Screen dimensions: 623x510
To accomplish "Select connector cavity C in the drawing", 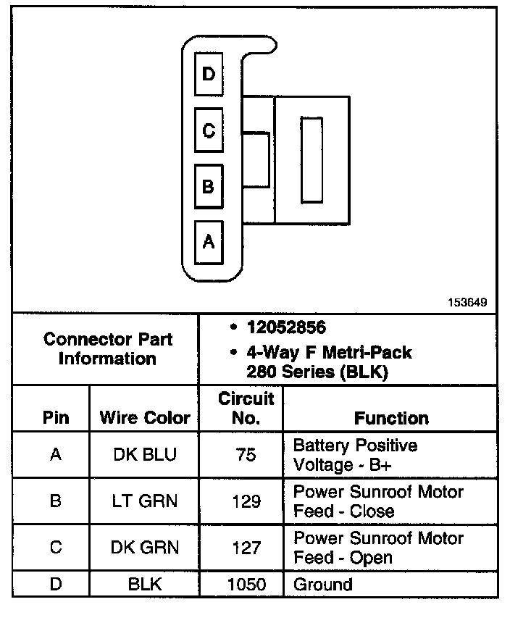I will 209,130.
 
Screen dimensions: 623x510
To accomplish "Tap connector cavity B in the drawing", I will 209,186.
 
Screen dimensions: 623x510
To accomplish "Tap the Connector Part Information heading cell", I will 108,348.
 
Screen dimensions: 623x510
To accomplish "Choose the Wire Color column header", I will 145,418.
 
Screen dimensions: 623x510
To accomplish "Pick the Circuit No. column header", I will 246,408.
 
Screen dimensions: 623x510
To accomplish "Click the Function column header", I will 391,418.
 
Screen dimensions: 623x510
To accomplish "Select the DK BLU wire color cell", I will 145,455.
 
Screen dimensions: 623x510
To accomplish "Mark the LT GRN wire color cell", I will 145,501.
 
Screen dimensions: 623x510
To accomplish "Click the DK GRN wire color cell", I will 145,548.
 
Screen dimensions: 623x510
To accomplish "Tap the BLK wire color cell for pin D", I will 145,584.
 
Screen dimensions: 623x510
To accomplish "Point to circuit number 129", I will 246,501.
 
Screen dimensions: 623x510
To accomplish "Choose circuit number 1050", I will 246,584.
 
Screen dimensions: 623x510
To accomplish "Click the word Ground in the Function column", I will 322,584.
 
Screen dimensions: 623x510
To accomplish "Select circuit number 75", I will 246,455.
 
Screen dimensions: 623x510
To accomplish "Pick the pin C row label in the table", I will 56,548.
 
